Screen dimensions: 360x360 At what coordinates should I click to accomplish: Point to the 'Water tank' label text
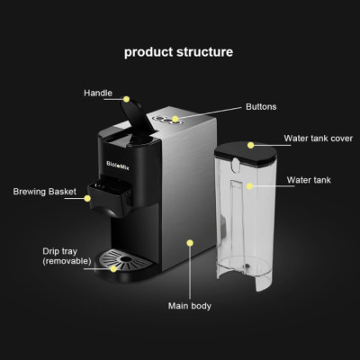click(308, 180)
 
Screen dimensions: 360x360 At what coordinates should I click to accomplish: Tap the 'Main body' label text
click(189, 306)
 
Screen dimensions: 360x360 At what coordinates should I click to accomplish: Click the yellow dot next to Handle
click(127, 98)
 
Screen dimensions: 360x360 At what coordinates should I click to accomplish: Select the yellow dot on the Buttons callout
click(176, 118)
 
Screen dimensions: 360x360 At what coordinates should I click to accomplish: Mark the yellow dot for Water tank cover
click(251, 143)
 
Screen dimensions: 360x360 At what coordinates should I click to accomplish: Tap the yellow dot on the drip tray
click(112, 267)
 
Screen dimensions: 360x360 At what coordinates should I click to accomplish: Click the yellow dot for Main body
click(190, 241)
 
